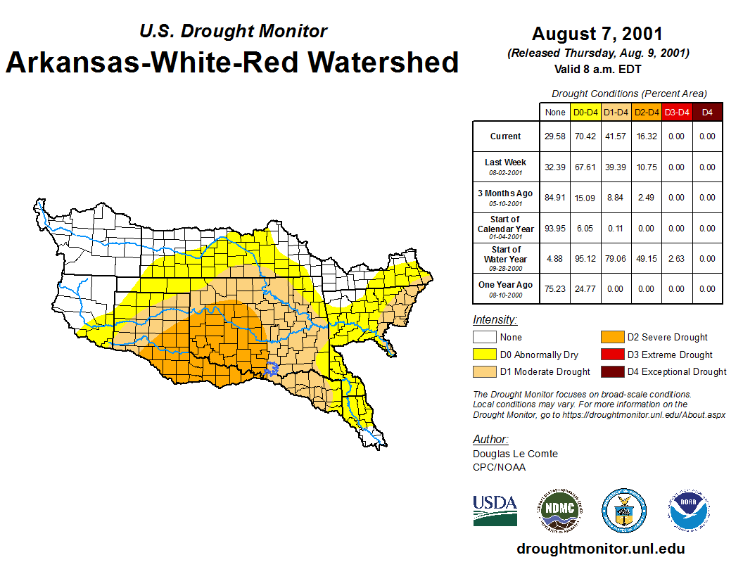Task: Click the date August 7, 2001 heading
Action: coord(597,34)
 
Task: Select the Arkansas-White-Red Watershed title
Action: coord(232,63)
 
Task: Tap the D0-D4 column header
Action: coord(585,112)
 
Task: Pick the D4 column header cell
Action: coord(707,112)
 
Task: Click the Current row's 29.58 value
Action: coord(555,136)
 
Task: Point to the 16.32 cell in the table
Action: coord(646,136)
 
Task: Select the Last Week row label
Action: coord(505,167)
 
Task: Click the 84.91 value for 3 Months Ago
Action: coord(555,198)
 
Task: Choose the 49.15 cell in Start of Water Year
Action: coord(646,259)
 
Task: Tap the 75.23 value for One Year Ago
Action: coord(555,289)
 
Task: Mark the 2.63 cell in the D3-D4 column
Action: coord(676,259)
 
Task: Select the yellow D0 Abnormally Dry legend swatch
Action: coord(485,355)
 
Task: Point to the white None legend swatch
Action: coord(485,338)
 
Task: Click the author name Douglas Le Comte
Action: coord(515,454)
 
